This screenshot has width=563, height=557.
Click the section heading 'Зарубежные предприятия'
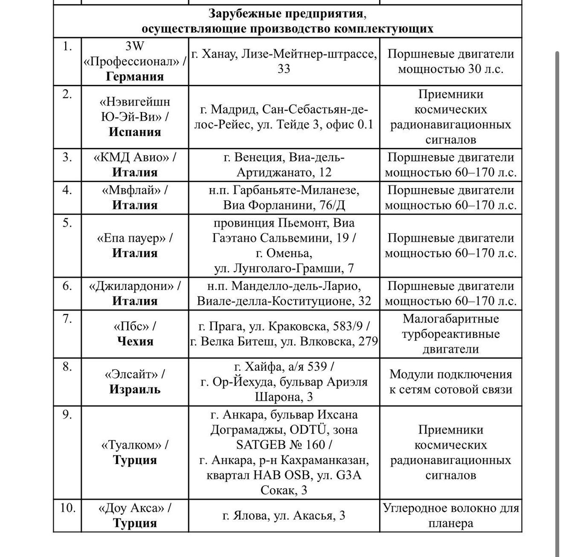click(x=287, y=13)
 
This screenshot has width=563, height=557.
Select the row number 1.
click(x=68, y=46)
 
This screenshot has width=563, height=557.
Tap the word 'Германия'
click(x=135, y=76)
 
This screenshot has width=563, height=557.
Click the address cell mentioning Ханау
click(x=284, y=61)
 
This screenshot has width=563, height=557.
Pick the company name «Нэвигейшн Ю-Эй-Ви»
click(x=135, y=109)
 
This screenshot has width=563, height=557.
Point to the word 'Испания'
click(x=135, y=132)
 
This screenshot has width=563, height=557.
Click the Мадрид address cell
click(x=284, y=117)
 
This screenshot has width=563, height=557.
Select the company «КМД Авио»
click(x=135, y=157)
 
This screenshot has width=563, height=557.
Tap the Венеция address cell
click(x=284, y=165)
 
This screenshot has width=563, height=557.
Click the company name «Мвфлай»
click(x=135, y=190)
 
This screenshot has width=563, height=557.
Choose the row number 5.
click(x=68, y=223)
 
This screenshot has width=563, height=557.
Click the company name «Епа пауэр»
click(x=135, y=238)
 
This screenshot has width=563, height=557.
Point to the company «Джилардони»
click(x=135, y=286)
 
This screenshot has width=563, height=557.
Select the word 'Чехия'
click(x=135, y=341)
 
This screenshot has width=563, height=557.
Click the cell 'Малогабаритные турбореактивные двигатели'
click(x=450, y=334)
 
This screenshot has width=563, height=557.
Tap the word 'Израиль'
click(x=135, y=389)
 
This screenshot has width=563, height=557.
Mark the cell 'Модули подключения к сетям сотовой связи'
click(x=450, y=382)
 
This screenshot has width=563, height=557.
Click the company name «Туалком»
click(x=135, y=444)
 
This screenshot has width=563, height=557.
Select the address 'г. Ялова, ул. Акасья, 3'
click(x=284, y=516)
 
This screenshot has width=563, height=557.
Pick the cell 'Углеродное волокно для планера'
click(x=450, y=516)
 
